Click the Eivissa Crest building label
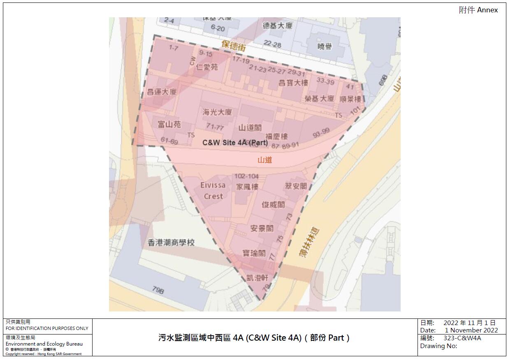[x=213, y=191]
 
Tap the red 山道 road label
[x=265, y=160]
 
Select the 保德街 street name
[x=233, y=45]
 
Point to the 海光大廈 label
[x=217, y=112]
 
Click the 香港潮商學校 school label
[x=171, y=243]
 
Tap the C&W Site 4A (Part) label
[x=235, y=143]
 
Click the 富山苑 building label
[x=169, y=124]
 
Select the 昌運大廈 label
[x=162, y=91]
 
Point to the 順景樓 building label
[x=350, y=99]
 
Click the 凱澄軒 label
[x=257, y=278]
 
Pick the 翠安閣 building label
[x=296, y=186]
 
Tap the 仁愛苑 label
[x=207, y=67]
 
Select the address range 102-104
[x=247, y=177]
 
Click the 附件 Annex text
[x=478, y=10]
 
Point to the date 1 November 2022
[x=471, y=330]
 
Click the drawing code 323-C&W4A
[x=462, y=338]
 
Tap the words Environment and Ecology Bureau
[x=44, y=344]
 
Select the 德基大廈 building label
[x=278, y=26]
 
